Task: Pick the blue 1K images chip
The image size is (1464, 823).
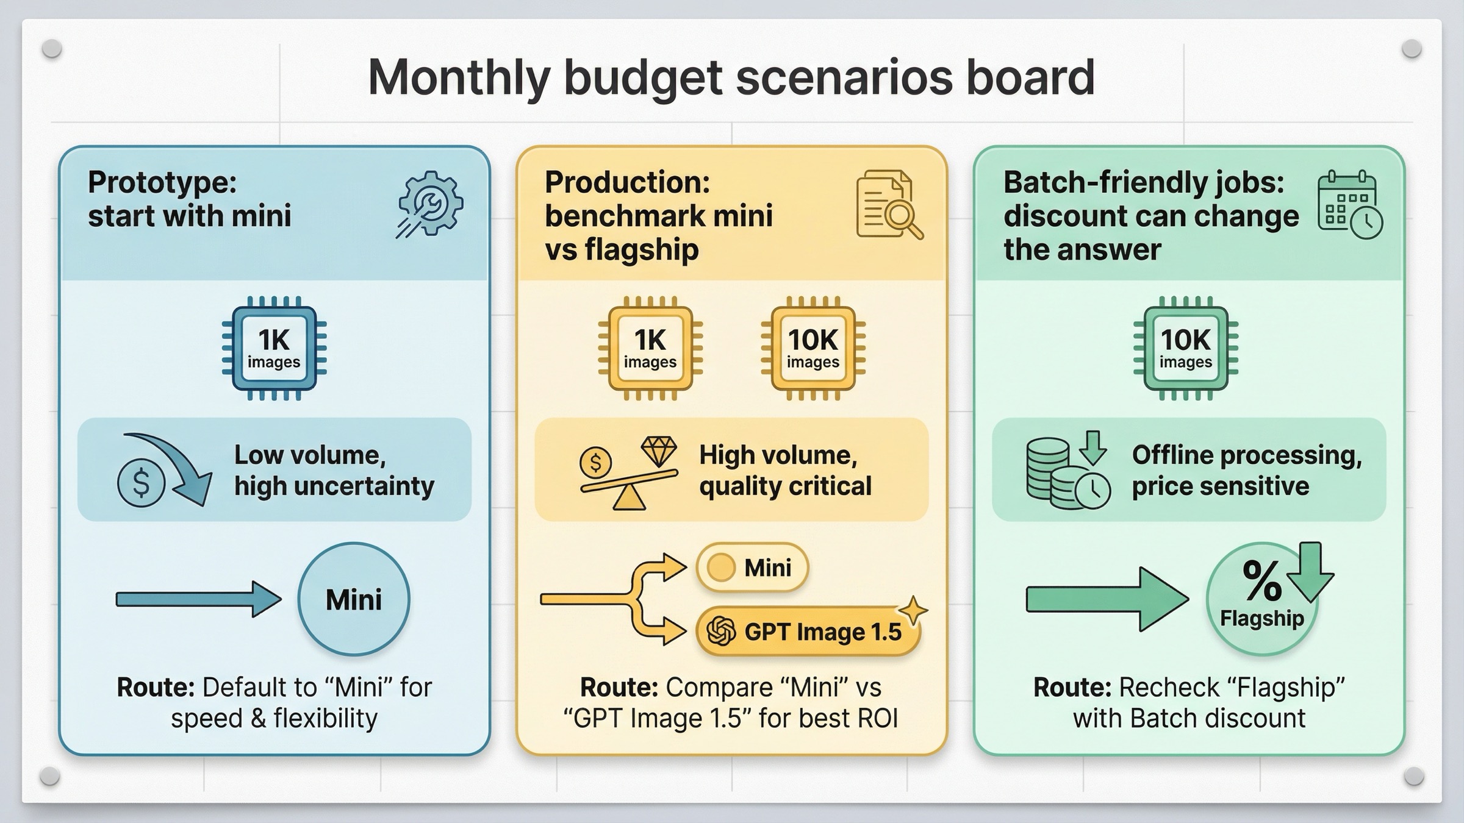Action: [274, 348]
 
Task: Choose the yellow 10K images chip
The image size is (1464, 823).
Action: [813, 348]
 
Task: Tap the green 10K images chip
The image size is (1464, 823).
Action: [1185, 348]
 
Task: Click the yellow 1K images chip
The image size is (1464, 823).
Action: [650, 348]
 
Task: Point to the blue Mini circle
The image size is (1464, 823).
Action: [354, 599]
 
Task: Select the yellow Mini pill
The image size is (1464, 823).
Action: [752, 568]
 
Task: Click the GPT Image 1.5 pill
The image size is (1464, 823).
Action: [807, 632]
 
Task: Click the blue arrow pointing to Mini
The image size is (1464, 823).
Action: [198, 599]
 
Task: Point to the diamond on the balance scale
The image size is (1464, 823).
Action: [659, 451]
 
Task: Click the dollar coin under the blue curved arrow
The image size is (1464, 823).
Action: [141, 483]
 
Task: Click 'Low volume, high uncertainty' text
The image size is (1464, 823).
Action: [334, 470]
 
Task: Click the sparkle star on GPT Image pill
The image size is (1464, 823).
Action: [913, 610]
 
